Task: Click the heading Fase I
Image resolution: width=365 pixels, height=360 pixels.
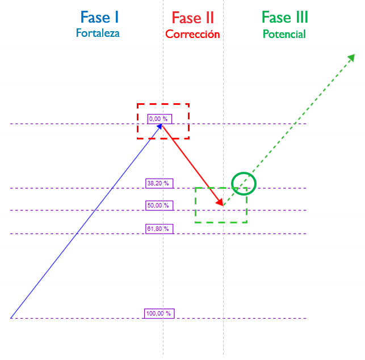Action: (99, 18)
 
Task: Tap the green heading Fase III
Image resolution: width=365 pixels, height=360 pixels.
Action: (284, 18)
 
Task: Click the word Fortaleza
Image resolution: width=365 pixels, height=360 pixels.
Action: (98, 33)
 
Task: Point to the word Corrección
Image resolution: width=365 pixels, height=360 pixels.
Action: (192, 34)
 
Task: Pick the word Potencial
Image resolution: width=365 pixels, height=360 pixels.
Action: (284, 34)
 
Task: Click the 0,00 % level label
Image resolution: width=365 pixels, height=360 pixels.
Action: (159, 119)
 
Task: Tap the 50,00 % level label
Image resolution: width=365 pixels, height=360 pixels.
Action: (159, 206)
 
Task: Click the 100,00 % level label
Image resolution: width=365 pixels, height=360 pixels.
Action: (159, 314)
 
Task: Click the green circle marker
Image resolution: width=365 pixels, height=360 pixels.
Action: (244, 183)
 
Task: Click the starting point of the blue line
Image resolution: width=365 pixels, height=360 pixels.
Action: (11, 318)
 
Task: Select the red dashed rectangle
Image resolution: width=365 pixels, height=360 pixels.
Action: (163, 104)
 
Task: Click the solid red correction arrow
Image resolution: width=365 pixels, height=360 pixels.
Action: (192, 163)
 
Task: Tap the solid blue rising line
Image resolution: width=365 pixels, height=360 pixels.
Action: (85, 221)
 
